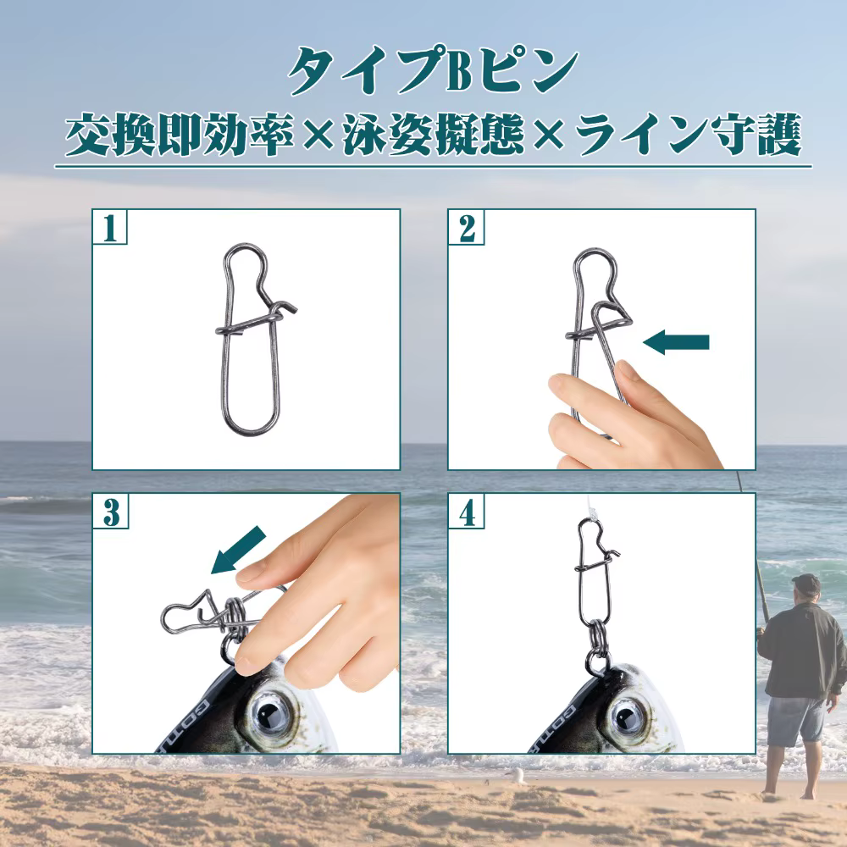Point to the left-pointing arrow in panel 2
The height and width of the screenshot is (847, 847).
point(675,342)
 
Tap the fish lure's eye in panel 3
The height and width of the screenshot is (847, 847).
point(269,711)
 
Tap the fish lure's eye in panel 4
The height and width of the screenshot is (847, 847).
point(625,711)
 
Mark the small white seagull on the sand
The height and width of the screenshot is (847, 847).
point(515,773)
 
